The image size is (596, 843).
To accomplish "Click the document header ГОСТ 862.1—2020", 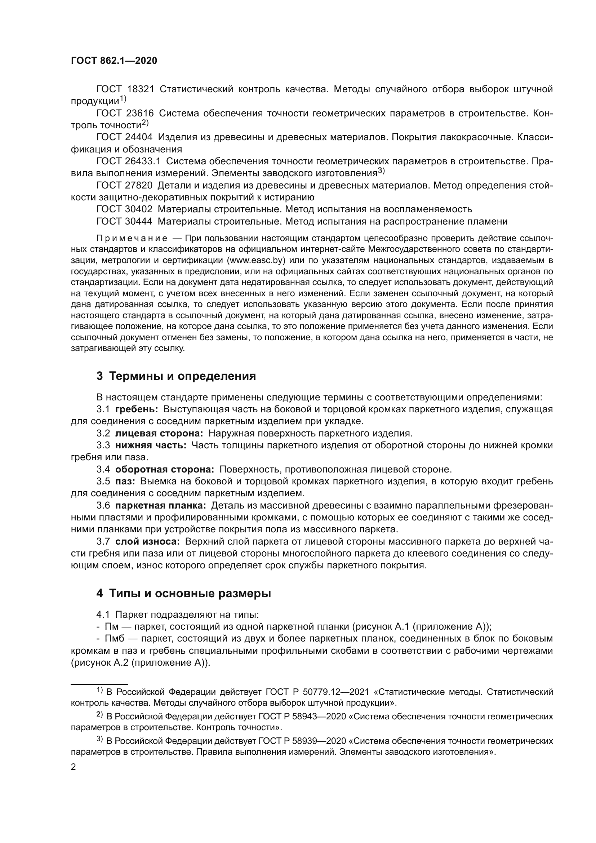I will coord(114,61).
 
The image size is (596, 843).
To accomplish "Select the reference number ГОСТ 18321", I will coord(125,89).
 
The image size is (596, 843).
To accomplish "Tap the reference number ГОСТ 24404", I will coord(124,137).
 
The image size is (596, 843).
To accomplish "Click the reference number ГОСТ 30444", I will coord(124,221).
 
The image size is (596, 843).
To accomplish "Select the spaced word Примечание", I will coord(132,239).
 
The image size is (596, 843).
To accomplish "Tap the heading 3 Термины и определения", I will coord(176,376).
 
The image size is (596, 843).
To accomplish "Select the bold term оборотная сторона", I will coord(165,470).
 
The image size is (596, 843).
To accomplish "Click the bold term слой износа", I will coord(147,542).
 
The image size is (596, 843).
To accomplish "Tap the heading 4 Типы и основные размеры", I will coord(183,594).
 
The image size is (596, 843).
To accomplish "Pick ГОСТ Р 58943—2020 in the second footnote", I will coord(302,717).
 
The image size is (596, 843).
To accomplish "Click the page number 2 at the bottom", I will coord(74,767).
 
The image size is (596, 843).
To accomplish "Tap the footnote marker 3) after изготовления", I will coord(381,170).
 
